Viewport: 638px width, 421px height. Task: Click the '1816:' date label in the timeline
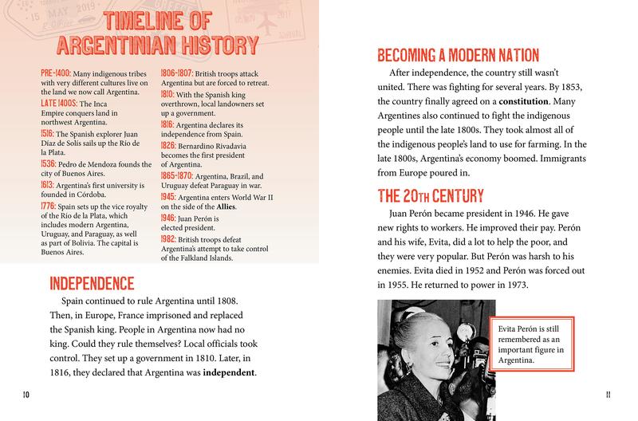point(170,124)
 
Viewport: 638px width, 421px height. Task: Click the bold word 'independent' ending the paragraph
point(232,373)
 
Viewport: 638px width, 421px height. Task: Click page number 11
point(608,394)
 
